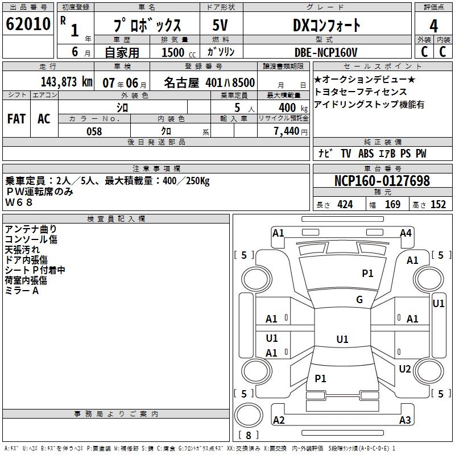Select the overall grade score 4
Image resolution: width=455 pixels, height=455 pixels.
pyautogui.click(x=433, y=26)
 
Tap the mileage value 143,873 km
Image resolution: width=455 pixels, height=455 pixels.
pyautogui.click(x=67, y=82)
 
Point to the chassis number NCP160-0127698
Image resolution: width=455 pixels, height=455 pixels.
pyautogui.click(x=382, y=181)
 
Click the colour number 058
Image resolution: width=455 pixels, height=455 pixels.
pyautogui.click(x=94, y=131)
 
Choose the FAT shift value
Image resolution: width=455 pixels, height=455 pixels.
pyautogui.click(x=16, y=119)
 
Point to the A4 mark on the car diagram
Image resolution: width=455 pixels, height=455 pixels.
pyautogui.click(x=406, y=233)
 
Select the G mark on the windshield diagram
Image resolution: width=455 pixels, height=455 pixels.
pyautogui.click(x=359, y=300)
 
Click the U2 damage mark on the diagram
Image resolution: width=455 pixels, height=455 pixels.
pyautogui.click(x=404, y=369)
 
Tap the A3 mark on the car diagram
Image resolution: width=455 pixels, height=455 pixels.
pyautogui.click(x=404, y=420)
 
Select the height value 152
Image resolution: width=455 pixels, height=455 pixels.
pyautogui.click(x=437, y=205)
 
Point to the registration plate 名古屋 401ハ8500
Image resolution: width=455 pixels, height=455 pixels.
pyautogui.click(x=209, y=82)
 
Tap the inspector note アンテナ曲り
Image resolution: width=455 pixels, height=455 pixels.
pyautogui.click(x=31, y=229)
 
